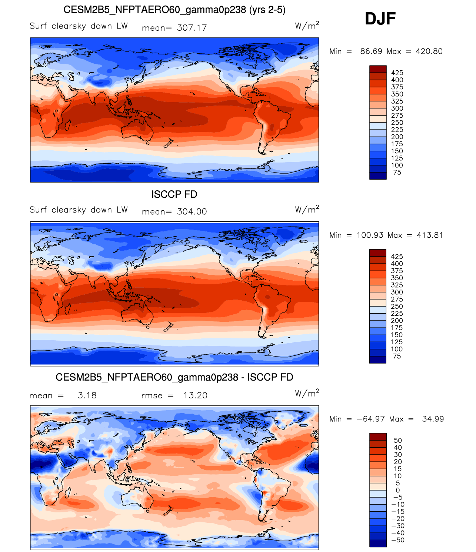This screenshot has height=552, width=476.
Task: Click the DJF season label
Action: pyautogui.click(x=380, y=19)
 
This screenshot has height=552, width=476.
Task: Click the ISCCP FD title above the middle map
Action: pyautogui.click(x=174, y=194)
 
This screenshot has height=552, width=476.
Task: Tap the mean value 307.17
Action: pyautogui.click(x=192, y=28)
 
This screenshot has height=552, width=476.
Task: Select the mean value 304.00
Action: pyautogui.click(x=192, y=211)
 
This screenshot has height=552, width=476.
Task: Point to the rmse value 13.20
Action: pyautogui.click(x=195, y=395)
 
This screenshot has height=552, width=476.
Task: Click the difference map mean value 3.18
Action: pyautogui.click(x=87, y=395)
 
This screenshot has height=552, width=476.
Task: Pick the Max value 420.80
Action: pyautogui.click(x=429, y=51)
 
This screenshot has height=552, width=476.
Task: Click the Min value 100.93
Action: pyautogui.click(x=369, y=235)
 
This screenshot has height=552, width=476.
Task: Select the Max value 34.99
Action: pyautogui.click(x=433, y=419)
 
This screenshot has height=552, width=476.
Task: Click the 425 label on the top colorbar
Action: pyautogui.click(x=397, y=73)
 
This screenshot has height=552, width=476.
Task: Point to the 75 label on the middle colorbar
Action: pyautogui.click(x=397, y=356)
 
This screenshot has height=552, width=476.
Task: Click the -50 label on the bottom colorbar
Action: pyautogui.click(x=398, y=540)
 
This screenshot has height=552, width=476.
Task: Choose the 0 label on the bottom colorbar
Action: pyautogui.click(x=398, y=490)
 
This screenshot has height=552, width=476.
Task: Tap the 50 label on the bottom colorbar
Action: pyautogui.click(x=398, y=441)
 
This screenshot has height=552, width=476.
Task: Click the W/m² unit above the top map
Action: pyautogui.click(x=307, y=26)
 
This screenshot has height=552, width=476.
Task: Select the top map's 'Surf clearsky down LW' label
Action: pyautogui.click(x=79, y=26)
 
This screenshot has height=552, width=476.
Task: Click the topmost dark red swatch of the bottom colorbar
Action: pyautogui.click(x=378, y=436)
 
